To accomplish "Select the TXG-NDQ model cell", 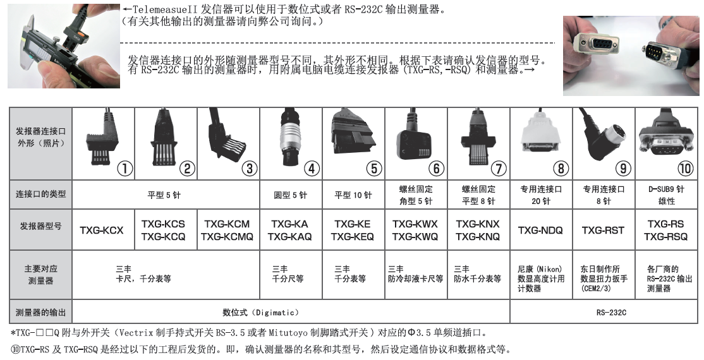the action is (541, 230).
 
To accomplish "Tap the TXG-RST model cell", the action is (604, 230).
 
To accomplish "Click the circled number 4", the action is (312, 169).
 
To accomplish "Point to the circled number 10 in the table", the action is (685, 169).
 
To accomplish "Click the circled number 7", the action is (499, 169).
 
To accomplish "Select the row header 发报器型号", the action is (40, 226).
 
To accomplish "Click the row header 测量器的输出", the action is (40, 313).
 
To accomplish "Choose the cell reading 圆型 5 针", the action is (291, 195).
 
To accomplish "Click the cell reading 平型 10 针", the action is (353, 195).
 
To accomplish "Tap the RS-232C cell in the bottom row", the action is (604, 313).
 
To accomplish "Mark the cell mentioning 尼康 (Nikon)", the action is (541, 279).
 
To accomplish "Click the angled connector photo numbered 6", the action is (413, 139).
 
